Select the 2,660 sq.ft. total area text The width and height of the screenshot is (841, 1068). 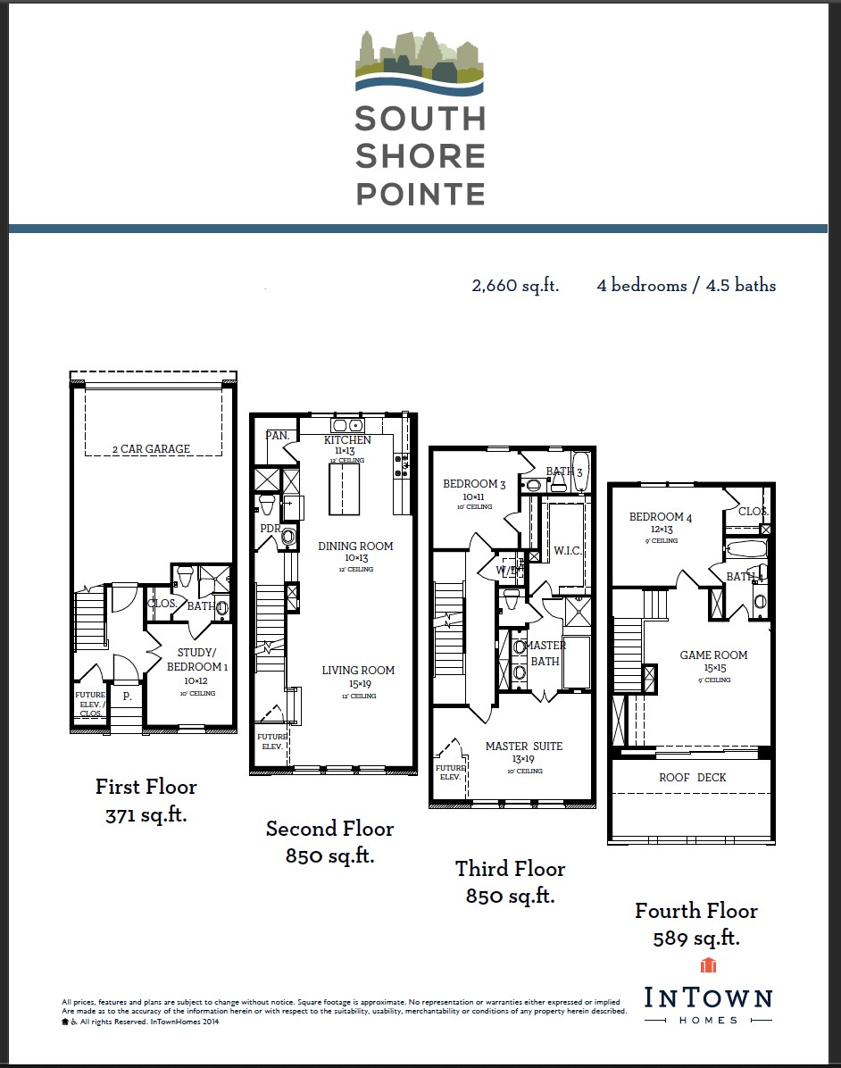(515, 286)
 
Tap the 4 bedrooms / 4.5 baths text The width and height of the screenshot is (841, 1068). (686, 286)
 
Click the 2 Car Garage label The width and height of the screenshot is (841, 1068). (151, 449)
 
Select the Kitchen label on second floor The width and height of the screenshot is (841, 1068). (347, 440)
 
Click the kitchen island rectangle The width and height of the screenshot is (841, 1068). (345, 490)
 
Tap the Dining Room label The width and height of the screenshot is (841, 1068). (355, 547)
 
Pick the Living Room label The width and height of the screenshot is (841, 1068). (358, 671)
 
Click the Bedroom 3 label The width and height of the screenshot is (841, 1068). (474, 485)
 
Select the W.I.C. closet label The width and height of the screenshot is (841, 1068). (567, 551)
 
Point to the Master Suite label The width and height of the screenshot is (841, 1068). (524, 747)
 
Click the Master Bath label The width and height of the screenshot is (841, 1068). (545, 653)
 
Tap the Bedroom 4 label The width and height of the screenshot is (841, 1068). (660, 517)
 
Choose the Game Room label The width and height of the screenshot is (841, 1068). (713, 655)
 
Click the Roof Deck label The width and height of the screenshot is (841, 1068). (693, 778)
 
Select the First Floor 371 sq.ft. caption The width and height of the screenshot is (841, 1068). (146, 800)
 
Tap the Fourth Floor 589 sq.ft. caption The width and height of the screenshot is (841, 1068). (696, 924)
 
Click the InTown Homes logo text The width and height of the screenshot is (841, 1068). (708, 998)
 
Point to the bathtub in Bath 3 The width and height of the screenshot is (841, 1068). (581, 473)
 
